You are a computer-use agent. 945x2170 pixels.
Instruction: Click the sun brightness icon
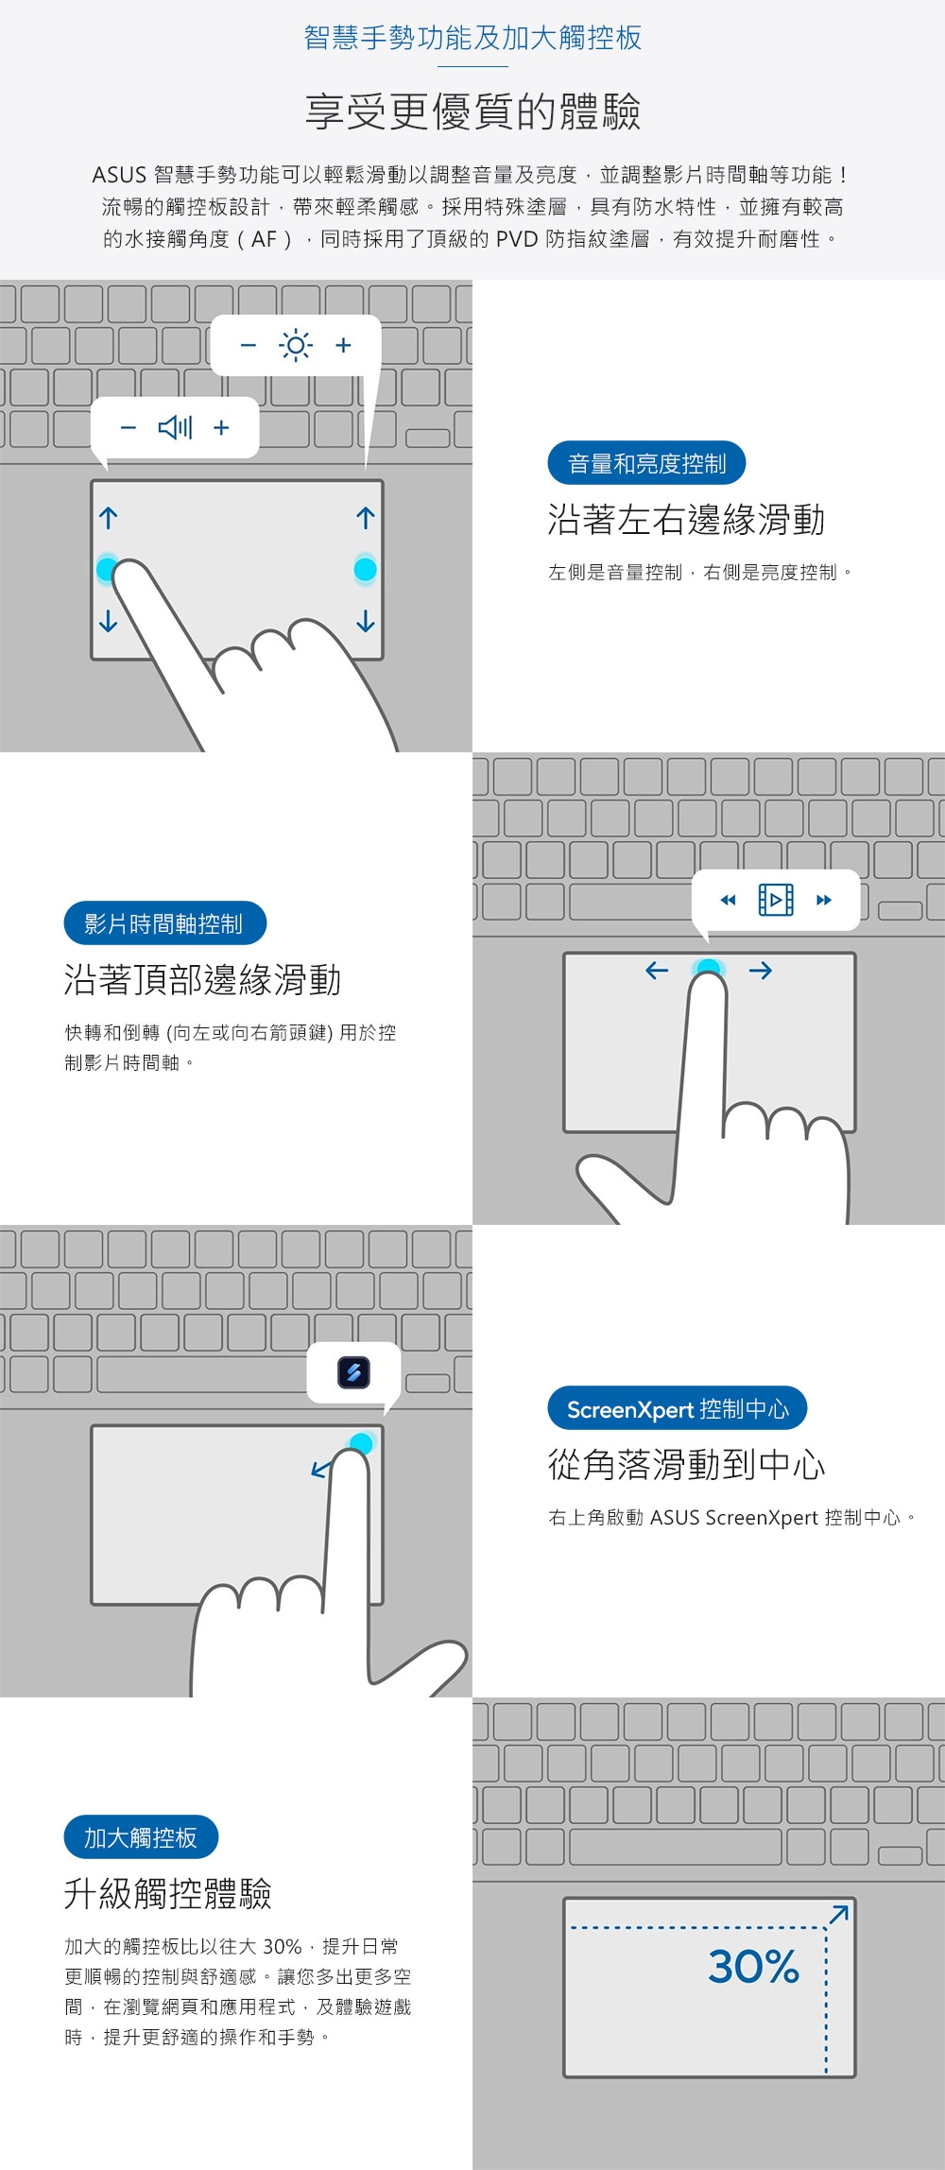[296, 345]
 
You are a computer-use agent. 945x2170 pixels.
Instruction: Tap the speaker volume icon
[176, 428]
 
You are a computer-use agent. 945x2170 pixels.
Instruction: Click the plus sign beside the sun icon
[343, 345]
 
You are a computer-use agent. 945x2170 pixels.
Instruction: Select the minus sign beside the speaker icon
[129, 428]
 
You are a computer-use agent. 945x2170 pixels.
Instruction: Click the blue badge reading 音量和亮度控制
[646, 463]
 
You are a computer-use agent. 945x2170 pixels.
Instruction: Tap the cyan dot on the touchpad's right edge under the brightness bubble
[365, 569]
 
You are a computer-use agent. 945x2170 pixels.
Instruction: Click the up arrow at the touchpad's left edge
[109, 518]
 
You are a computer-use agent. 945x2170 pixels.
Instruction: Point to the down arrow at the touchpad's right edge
[366, 621]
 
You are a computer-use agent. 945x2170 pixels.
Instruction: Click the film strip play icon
[776, 900]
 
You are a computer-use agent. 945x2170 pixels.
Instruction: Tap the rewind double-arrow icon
[728, 900]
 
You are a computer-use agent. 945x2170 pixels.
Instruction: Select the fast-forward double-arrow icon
[824, 900]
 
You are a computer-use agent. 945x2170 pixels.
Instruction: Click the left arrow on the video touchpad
[657, 971]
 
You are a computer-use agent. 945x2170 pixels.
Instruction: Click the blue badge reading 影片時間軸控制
[164, 923]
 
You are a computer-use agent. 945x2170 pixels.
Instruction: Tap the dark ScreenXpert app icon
[353, 1372]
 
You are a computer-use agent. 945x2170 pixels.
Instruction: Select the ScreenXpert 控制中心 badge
[677, 1409]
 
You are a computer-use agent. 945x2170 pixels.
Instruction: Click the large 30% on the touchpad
[753, 1967]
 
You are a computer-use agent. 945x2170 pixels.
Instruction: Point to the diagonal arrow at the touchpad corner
[838, 1915]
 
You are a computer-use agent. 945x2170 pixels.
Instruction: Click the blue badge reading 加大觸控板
[141, 1837]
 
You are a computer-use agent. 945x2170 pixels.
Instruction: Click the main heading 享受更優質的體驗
[472, 112]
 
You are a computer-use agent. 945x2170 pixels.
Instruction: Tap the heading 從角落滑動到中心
[686, 1465]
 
